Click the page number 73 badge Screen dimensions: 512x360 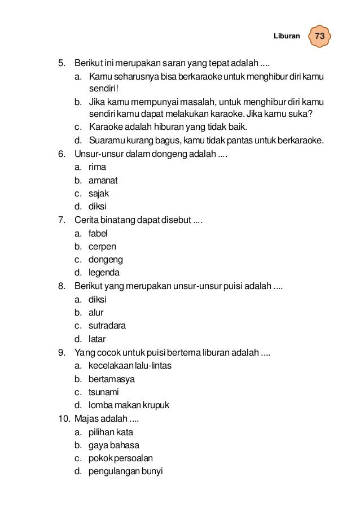[x=319, y=36]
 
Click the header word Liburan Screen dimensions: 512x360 [x=287, y=36]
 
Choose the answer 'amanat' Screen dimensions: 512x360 [x=103, y=180]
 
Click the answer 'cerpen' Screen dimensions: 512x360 [x=102, y=246]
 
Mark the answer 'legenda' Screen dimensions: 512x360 [x=104, y=273]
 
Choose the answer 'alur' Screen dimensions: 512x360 [x=96, y=312]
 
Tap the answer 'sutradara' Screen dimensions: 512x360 [x=107, y=326]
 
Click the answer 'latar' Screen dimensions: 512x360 [x=97, y=339]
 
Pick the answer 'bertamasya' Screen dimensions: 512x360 [x=112, y=379]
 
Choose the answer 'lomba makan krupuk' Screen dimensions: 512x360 [x=129, y=405]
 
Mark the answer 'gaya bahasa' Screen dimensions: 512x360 [x=113, y=445]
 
